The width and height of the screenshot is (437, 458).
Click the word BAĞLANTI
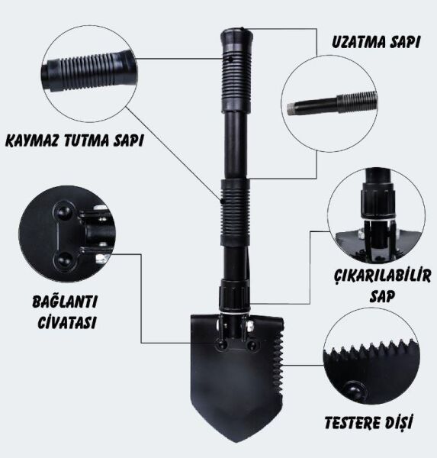pyautogui.click(x=65, y=302)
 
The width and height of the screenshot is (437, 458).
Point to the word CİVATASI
pyautogui.click(x=67, y=322)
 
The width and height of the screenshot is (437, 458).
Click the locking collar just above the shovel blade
pyautogui.click(x=235, y=296)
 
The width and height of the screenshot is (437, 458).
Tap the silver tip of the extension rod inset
pyautogui.click(x=291, y=108)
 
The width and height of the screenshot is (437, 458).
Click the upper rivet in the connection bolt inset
pyautogui.click(x=63, y=211)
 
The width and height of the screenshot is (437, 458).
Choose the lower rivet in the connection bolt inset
pyautogui.click(x=63, y=261)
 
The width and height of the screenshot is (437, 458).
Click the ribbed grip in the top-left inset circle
pyautogui.click(x=88, y=71)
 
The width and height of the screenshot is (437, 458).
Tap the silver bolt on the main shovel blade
pyautogui.click(x=249, y=325)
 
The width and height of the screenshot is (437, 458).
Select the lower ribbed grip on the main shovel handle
pyautogui.click(x=236, y=212)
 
